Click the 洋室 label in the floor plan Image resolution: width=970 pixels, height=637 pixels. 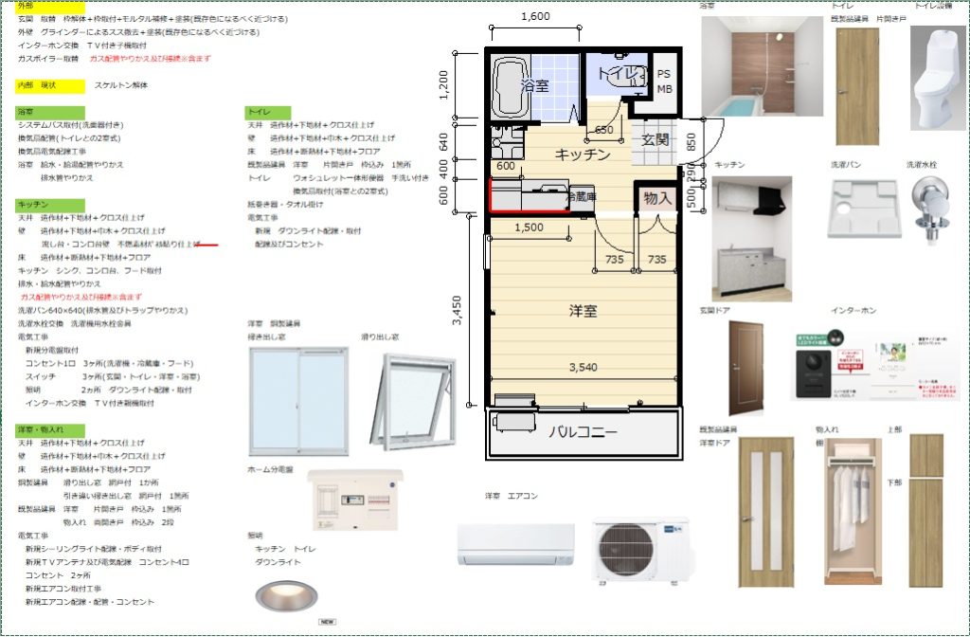pos(583,310)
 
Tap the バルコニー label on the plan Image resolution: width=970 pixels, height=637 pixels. pos(583,433)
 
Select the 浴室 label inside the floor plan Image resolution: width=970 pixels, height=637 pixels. pos(535,85)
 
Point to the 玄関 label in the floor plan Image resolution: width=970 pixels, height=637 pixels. pos(656,139)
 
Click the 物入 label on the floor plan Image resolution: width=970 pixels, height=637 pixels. pos(656,198)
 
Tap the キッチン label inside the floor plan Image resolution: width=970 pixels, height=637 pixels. pos(583,155)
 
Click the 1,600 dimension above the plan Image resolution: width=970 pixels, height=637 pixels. pos(535,16)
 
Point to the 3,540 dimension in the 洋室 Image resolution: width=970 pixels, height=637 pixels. pos(583,367)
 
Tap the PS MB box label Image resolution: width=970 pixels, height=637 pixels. pos(665,82)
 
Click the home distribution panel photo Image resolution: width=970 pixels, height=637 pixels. pos(355,500)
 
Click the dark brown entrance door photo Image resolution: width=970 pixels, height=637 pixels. pos(745,368)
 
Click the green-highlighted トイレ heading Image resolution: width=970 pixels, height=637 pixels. pos(259,112)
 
